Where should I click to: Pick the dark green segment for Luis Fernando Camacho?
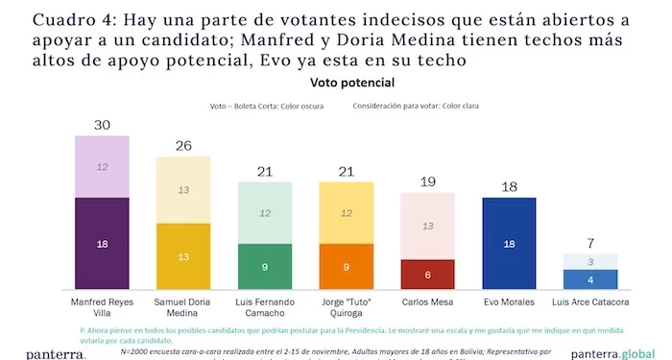264,266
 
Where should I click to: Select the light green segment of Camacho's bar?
264,212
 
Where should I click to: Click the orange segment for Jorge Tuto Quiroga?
346,266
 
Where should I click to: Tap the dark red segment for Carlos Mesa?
427,274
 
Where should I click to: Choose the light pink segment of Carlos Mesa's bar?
427,227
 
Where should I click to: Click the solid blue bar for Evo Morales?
509,244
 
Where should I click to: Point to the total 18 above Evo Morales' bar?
509,186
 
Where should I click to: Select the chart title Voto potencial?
336,84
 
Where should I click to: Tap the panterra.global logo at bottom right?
620,352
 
